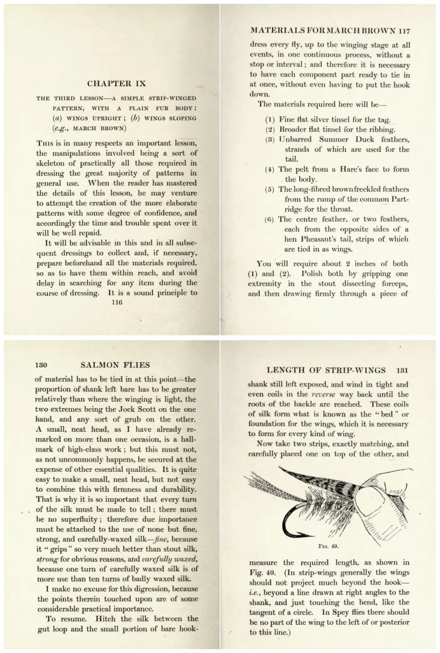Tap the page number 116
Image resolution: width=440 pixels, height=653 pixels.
pyautogui.click(x=116, y=304)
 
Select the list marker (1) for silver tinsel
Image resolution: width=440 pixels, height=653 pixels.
pyautogui.click(x=270, y=119)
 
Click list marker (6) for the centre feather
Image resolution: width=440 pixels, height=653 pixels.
pyautogui.click(x=270, y=219)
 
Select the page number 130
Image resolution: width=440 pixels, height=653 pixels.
pyautogui.click(x=41, y=365)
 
